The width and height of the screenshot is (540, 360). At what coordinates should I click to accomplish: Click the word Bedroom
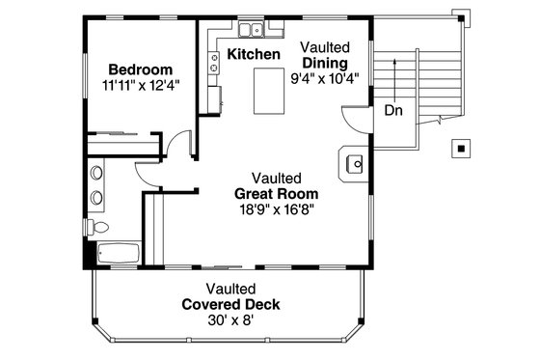pos(140,69)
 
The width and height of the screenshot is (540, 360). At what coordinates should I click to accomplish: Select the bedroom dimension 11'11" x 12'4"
pos(140,86)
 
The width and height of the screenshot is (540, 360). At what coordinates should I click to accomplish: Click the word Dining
pos(324,63)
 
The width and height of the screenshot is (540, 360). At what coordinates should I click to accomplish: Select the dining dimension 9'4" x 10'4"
pos(326,78)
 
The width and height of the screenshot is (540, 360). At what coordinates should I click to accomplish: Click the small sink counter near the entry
pos(353,164)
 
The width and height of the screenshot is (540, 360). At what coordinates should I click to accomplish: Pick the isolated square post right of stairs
pos(462,149)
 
